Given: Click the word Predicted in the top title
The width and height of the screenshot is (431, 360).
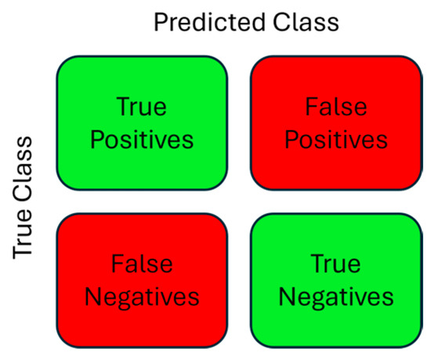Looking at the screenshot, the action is point(209,23).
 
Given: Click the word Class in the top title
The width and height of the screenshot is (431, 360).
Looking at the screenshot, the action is point(306,22).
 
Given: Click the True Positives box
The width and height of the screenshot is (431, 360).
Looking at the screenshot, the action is point(142,123).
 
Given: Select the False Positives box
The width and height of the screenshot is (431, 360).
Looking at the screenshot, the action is point(336,123).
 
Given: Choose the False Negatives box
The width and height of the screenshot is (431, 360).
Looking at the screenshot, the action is point(142,281).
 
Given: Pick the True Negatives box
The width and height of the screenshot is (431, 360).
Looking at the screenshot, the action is point(336,281).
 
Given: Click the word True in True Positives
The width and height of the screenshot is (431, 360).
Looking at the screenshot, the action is point(142,107).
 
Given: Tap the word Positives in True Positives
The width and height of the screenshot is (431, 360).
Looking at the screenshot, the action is point(142,140).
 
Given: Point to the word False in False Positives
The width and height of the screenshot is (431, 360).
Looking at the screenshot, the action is point(336,106).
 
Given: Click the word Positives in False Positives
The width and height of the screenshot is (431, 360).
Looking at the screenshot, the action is point(336,140).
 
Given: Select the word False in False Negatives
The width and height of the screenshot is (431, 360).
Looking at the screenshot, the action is point(142,264).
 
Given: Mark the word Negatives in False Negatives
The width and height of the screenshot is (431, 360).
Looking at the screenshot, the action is point(142,298).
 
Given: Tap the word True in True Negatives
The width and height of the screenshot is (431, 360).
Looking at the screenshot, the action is point(335,264).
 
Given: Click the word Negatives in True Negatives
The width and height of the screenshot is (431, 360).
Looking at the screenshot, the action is point(336,298).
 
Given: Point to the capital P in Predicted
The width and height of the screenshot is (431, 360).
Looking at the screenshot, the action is point(161,23).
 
